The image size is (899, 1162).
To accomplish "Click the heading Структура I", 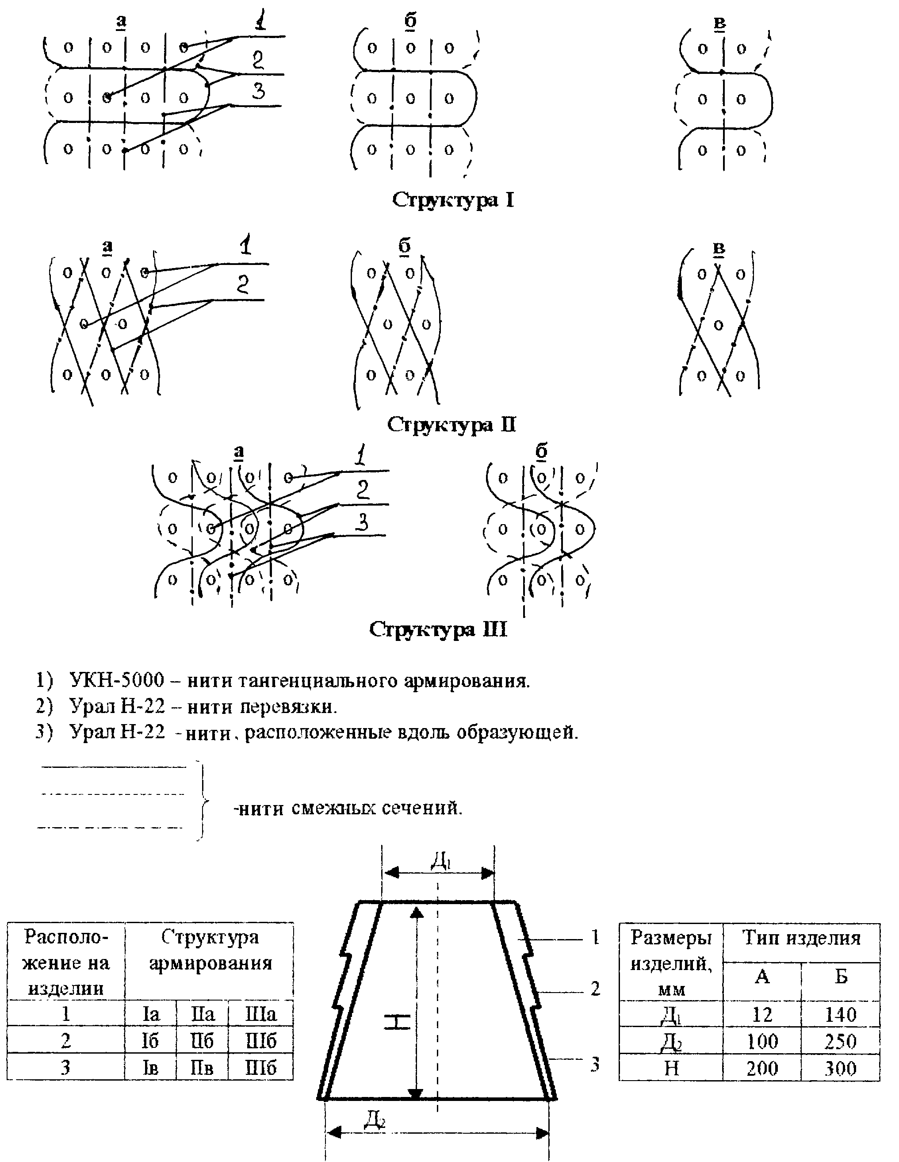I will [453, 200].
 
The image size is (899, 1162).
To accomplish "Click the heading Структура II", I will [451, 425].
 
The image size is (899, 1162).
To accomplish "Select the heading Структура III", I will [438, 629].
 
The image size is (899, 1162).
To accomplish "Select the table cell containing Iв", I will [150, 1067].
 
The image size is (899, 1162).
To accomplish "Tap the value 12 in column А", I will [762, 1015].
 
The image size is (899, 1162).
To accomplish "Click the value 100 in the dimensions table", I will [762, 1041].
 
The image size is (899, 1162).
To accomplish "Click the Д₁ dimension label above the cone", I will [440, 861].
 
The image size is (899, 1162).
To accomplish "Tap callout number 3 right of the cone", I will [595, 1064].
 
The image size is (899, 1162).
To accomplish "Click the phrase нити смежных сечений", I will [348, 808].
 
